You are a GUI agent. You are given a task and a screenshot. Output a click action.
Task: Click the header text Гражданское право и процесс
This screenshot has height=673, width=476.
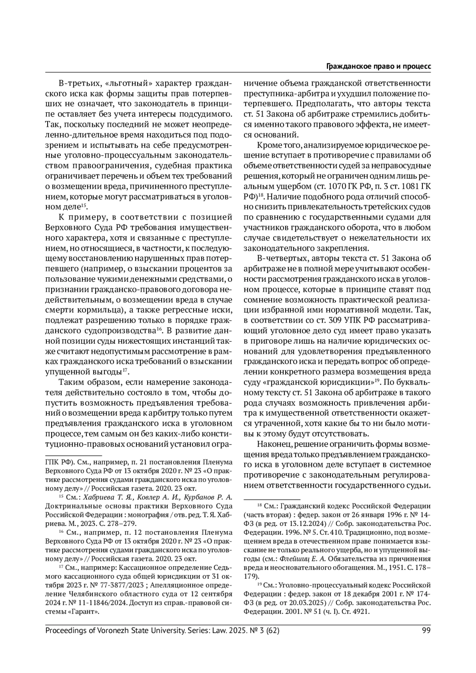tap(378, 67)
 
